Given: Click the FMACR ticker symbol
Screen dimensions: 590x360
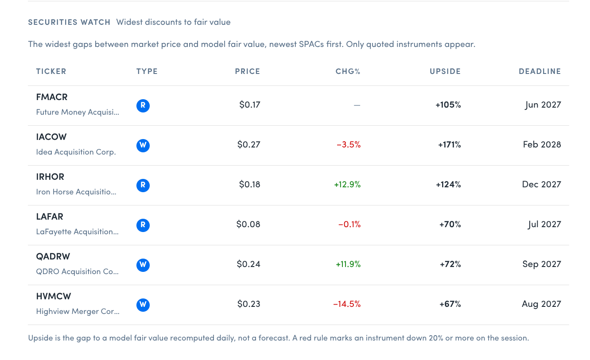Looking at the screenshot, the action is click(52, 97).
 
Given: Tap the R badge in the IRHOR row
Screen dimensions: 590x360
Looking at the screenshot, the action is click(143, 186).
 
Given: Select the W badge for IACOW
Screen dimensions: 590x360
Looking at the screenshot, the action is click(143, 145).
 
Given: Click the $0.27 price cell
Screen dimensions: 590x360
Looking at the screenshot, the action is click(248, 145).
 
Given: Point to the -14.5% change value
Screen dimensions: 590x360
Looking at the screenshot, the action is click(347, 304).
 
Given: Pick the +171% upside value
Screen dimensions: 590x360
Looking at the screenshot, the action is click(449, 145).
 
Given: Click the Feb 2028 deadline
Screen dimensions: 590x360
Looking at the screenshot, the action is click(542, 145).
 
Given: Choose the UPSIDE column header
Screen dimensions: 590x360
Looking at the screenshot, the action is click(445, 71).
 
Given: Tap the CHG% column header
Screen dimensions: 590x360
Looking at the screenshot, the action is click(348, 71).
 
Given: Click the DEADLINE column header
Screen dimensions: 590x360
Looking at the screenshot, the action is click(540, 71).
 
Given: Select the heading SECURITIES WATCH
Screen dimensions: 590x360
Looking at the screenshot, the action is click(69, 22).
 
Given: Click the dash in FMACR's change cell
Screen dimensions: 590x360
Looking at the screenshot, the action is click(357, 105).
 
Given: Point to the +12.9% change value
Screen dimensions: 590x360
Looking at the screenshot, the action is click(347, 185).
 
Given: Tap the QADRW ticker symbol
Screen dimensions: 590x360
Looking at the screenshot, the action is click(53, 256).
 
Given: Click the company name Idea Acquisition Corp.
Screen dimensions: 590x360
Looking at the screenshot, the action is click(76, 152).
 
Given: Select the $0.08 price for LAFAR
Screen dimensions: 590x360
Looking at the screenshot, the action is click(248, 225).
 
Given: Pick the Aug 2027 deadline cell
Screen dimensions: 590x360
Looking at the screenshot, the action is click(541, 304).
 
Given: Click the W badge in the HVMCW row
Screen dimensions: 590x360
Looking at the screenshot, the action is click(143, 305).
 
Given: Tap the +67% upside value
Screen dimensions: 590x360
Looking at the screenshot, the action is click(450, 304).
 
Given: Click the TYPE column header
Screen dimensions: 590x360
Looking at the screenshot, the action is click(147, 71).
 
